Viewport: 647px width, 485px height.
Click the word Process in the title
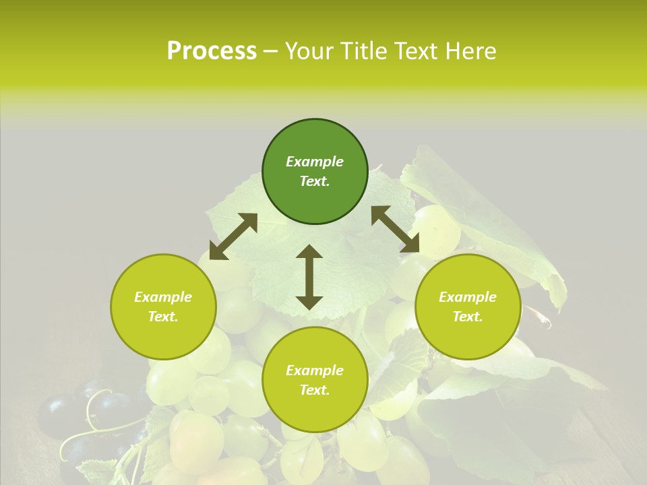(x=212, y=51)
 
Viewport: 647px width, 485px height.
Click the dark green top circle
(x=315, y=172)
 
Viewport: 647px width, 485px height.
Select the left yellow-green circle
(x=163, y=306)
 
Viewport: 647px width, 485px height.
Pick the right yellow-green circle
(x=468, y=306)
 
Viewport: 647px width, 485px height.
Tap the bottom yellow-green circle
(x=315, y=380)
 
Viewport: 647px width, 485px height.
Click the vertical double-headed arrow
(x=309, y=277)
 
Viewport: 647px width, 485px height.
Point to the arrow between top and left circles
(x=233, y=236)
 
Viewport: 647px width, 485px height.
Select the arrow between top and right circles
(x=395, y=229)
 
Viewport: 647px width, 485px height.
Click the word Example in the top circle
(x=315, y=162)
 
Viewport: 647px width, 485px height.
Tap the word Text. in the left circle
(x=163, y=317)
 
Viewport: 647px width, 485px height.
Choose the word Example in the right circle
(x=468, y=297)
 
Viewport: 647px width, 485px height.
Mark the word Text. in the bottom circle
(x=315, y=390)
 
